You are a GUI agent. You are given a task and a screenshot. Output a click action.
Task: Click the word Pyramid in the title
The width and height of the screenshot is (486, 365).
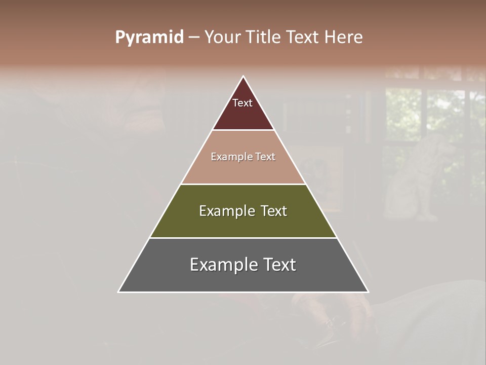pos(149,38)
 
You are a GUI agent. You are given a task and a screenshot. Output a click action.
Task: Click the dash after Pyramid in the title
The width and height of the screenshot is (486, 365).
pos(194,38)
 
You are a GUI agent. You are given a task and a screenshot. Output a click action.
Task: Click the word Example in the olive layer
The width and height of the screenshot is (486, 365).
pos(226,211)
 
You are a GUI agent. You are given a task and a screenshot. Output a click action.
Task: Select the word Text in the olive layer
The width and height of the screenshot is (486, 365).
pos(273,211)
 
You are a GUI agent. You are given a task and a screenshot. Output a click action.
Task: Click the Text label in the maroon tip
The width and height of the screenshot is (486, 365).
pos(242,103)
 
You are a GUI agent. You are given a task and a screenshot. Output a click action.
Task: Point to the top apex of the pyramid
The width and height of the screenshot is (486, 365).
pos(244,77)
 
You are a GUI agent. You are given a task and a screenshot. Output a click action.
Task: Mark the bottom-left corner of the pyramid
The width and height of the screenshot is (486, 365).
pos(119,291)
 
